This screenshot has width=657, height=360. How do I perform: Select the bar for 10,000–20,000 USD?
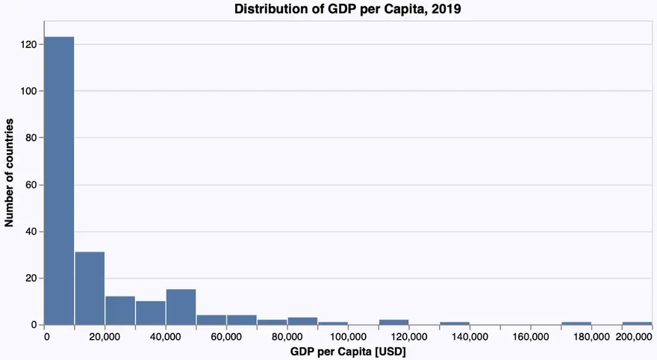point(90,288)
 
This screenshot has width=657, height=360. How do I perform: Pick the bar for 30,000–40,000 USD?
point(151,313)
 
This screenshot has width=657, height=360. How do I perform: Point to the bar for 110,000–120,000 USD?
point(393,322)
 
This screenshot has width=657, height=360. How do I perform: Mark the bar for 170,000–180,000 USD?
point(576,323)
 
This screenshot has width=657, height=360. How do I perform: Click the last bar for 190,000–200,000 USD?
point(637,323)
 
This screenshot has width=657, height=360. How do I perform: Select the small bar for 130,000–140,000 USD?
point(455,323)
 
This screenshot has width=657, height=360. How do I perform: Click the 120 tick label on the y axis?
point(29,45)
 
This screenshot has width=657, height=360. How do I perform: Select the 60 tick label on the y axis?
point(32,184)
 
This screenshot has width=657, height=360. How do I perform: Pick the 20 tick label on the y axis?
point(32,278)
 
